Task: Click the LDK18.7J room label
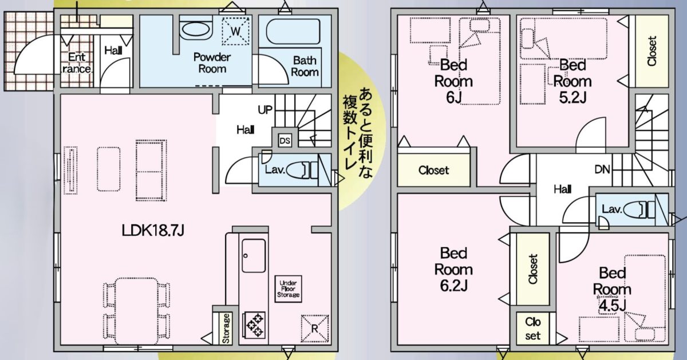tap(153, 231)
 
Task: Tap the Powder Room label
tap(211, 63)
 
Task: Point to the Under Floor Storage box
tap(289, 289)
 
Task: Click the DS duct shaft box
tap(285, 140)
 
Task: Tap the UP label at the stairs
tap(265, 109)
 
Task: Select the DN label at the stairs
tap(602, 169)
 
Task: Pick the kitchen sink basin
tap(254, 255)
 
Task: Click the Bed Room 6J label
tap(453, 80)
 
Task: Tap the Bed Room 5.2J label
tap(572, 80)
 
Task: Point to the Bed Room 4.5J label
tap(611, 288)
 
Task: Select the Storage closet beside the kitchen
tap(226, 328)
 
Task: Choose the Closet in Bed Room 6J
tap(433, 170)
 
